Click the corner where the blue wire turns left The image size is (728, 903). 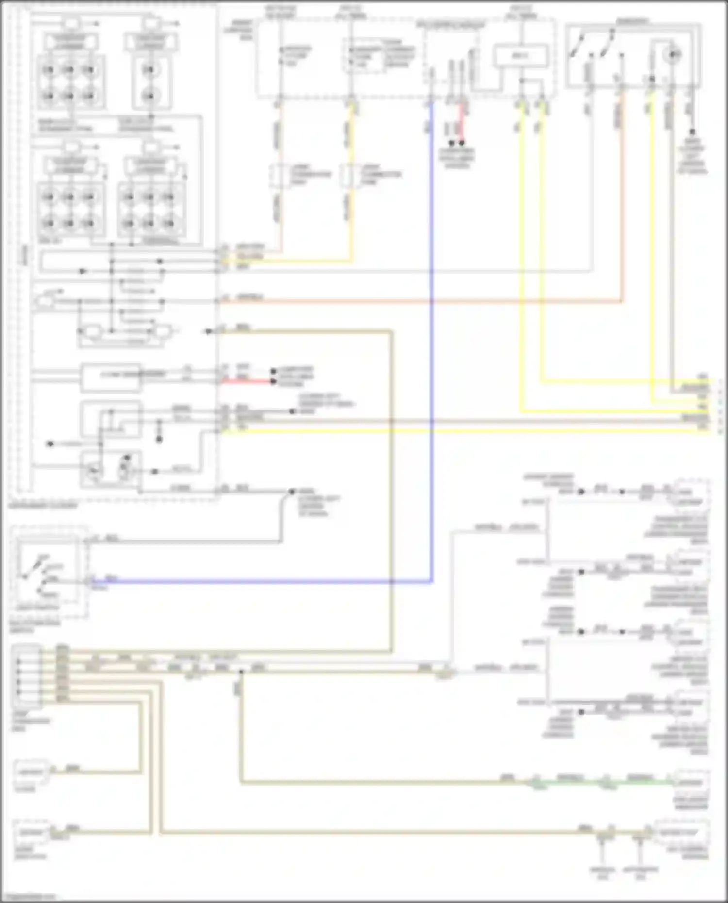[431, 581]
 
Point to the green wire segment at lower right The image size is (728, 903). [607, 782]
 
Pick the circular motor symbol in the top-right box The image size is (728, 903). [673, 55]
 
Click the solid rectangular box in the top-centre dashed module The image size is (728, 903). [520, 56]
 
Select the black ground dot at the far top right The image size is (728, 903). [692, 132]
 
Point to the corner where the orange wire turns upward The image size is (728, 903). [622, 301]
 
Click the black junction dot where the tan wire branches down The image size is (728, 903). [241, 672]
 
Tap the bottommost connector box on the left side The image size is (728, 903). [31, 833]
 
